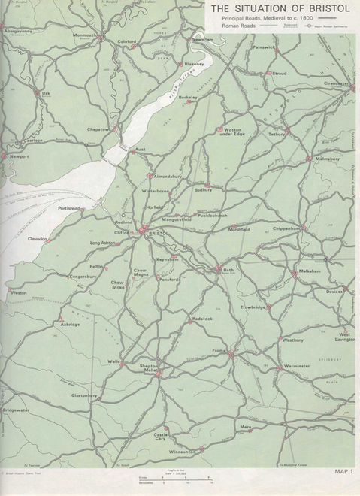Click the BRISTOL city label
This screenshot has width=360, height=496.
coord(158,236)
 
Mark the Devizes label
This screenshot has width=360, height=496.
coord(334,291)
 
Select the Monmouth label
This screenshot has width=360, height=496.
coord(86,35)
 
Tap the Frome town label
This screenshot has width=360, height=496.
coord(219,351)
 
